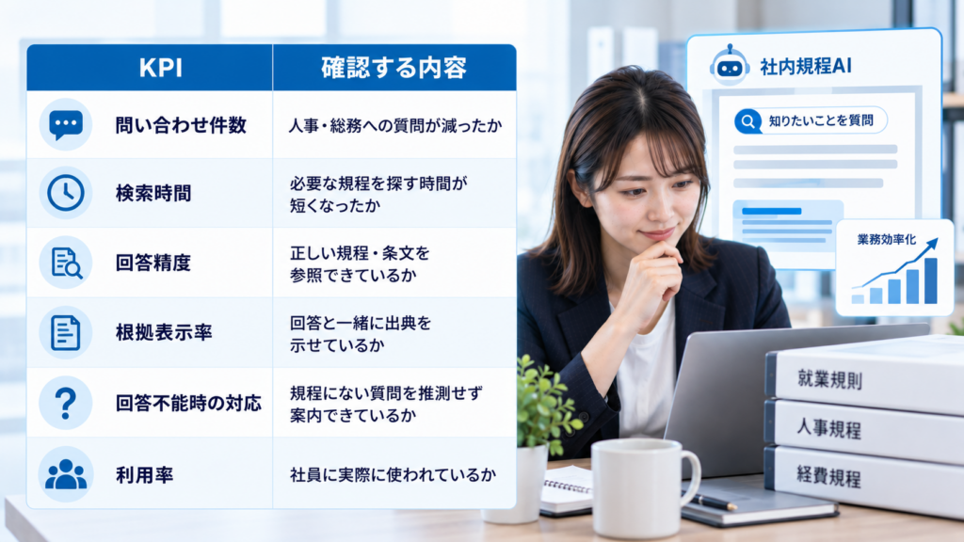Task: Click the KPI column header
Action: click(x=160, y=68)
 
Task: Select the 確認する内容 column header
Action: click(x=394, y=68)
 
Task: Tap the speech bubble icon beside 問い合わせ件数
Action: click(x=66, y=125)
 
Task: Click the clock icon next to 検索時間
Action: click(x=66, y=193)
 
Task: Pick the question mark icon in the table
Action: click(x=66, y=403)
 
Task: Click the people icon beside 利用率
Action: click(x=66, y=474)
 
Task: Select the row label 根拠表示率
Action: click(x=164, y=332)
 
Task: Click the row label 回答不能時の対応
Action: click(x=188, y=403)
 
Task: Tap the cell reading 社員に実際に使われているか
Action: click(x=393, y=474)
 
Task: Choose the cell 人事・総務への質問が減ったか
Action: click(x=395, y=125)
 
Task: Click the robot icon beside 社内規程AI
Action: click(x=730, y=65)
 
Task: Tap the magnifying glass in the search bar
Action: click(x=747, y=121)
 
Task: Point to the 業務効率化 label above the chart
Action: click(x=887, y=239)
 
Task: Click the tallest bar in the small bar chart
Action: click(x=931, y=280)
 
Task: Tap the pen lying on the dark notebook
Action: click(x=714, y=502)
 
